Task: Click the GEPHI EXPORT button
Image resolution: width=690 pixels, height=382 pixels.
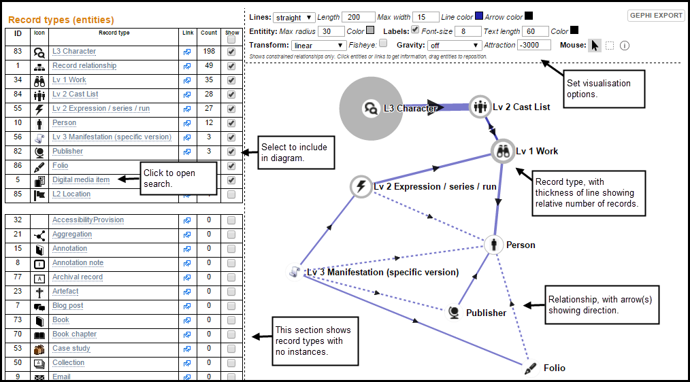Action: pos(656,16)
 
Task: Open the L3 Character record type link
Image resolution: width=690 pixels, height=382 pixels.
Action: pos(74,52)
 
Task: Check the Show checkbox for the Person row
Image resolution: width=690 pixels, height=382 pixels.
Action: pos(231,123)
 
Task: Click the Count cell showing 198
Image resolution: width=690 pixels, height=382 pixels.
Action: pos(209,52)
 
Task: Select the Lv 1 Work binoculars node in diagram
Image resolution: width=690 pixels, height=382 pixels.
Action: pos(503,151)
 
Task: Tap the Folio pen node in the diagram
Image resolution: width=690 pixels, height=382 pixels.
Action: pos(530,368)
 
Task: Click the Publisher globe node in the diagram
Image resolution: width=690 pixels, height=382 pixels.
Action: pos(454,313)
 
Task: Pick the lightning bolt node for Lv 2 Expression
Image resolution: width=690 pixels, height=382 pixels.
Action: pos(361,186)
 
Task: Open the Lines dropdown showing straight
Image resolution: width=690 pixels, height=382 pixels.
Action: pos(294,18)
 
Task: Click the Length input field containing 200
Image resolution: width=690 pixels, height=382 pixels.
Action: pos(358,17)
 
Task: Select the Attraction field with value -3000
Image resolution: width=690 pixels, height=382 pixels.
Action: pos(533,45)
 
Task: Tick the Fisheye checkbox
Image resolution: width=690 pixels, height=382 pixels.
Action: pos(383,43)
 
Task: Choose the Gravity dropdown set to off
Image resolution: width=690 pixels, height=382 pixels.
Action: pos(454,46)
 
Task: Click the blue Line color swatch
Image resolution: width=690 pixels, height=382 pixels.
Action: pos(479,16)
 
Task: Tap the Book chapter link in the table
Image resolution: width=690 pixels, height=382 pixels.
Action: pos(74,334)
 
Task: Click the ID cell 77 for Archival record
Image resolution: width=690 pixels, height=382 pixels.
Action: pos(18,277)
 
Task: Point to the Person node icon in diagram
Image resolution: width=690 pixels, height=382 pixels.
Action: pos(494,245)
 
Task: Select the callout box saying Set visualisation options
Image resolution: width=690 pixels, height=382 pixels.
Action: pos(605,89)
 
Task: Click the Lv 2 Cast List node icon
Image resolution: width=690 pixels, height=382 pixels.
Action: pos(480,107)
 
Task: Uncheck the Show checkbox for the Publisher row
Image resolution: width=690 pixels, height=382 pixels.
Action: pos(231,152)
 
